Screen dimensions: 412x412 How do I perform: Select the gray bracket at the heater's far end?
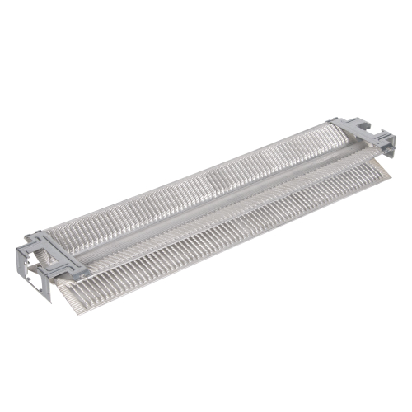tap(363, 136)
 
